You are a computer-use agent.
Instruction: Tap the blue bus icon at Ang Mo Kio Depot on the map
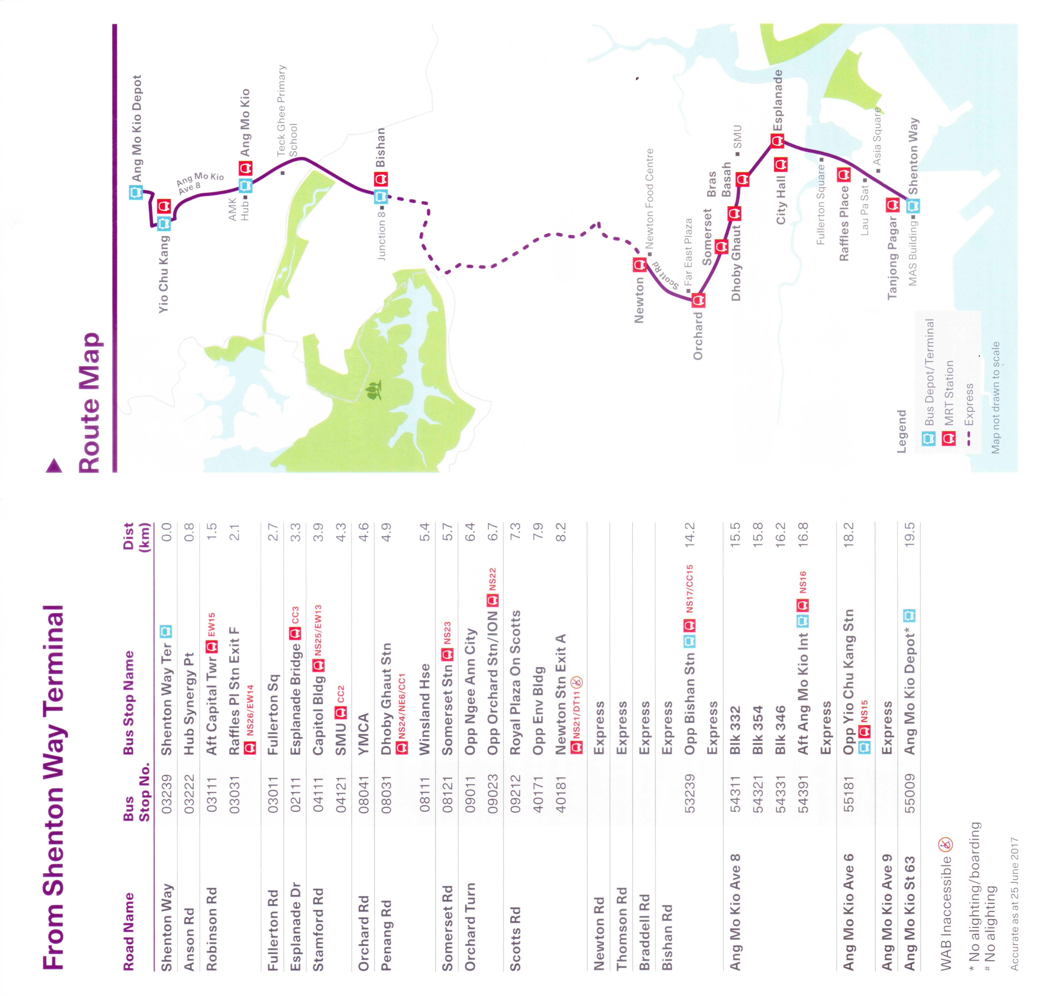coord(136,192)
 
